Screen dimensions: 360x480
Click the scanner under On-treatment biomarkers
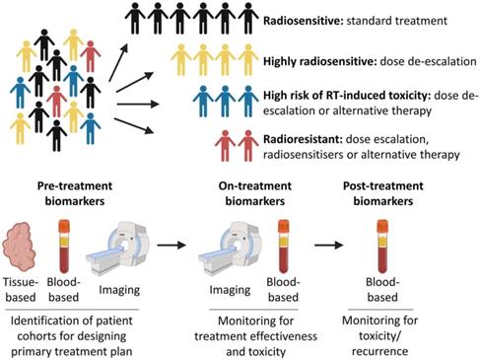pos(237,238)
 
